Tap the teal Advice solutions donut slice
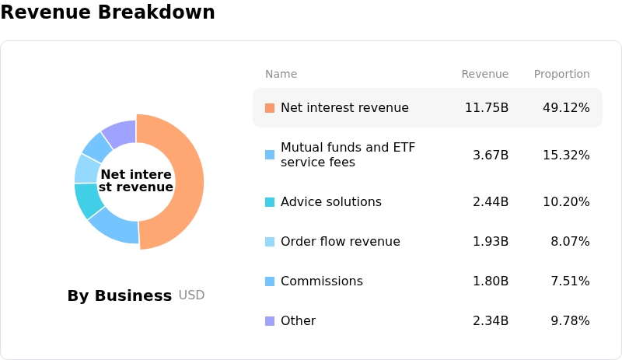(x=88, y=199)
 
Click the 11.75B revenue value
(x=487, y=107)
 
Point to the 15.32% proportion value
(x=566, y=155)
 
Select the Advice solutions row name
(x=331, y=201)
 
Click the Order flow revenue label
(x=341, y=241)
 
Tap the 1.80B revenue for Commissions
(x=491, y=281)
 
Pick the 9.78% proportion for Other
(x=570, y=320)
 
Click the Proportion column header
(x=561, y=74)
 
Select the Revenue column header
(x=484, y=74)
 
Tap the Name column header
(x=281, y=74)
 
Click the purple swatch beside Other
(x=270, y=320)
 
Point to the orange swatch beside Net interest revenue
(x=270, y=108)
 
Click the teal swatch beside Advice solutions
(x=270, y=202)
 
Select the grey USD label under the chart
(x=191, y=295)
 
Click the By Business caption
(x=120, y=295)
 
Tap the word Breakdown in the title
(x=156, y=12)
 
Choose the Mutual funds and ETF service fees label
(x=348, y=155)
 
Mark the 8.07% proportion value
(x=570, y=241)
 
